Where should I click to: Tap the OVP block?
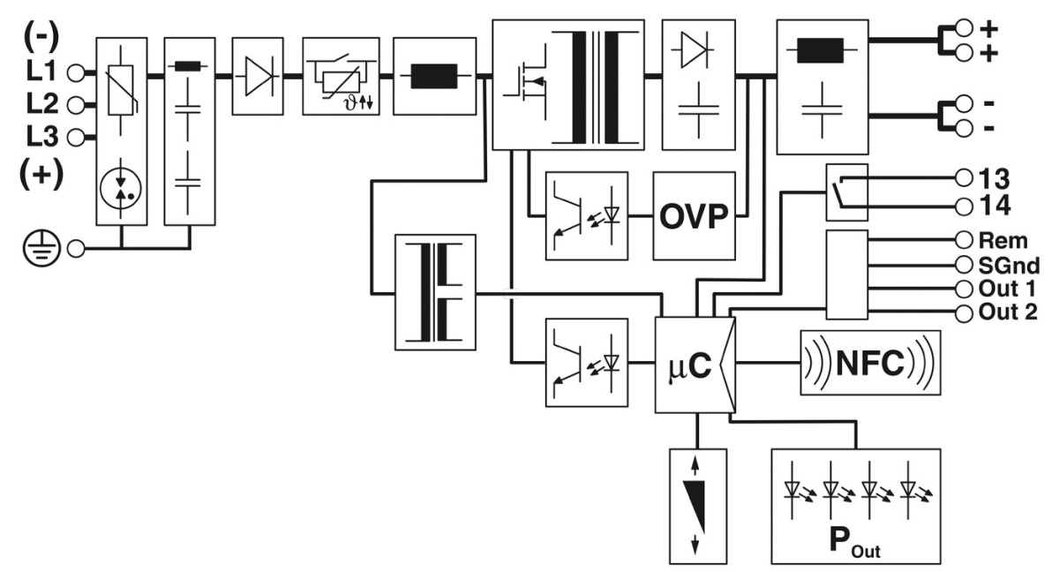tap(694, 215)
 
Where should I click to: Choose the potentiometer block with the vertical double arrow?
tap(698, 506)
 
